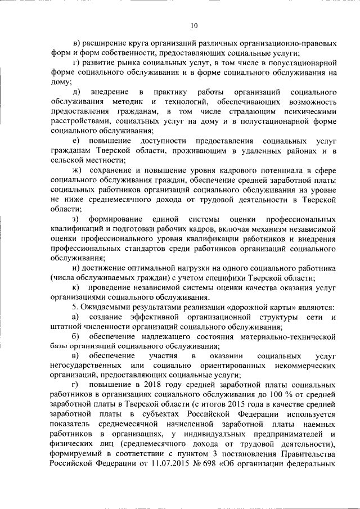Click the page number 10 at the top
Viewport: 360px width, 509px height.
(194, 25)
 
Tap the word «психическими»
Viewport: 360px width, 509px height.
(309, 111)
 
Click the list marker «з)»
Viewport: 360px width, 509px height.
(75, 218)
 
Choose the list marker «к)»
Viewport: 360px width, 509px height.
(75, 287)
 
